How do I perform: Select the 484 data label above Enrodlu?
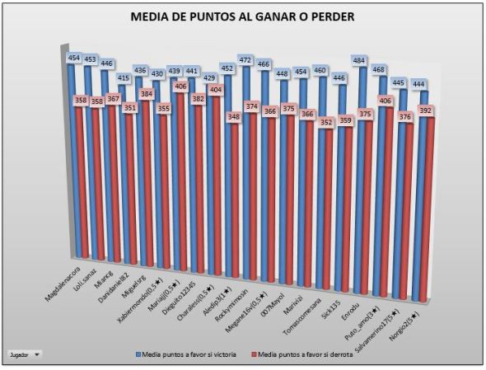360,61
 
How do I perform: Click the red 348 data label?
235,117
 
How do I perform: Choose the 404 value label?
214,89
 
